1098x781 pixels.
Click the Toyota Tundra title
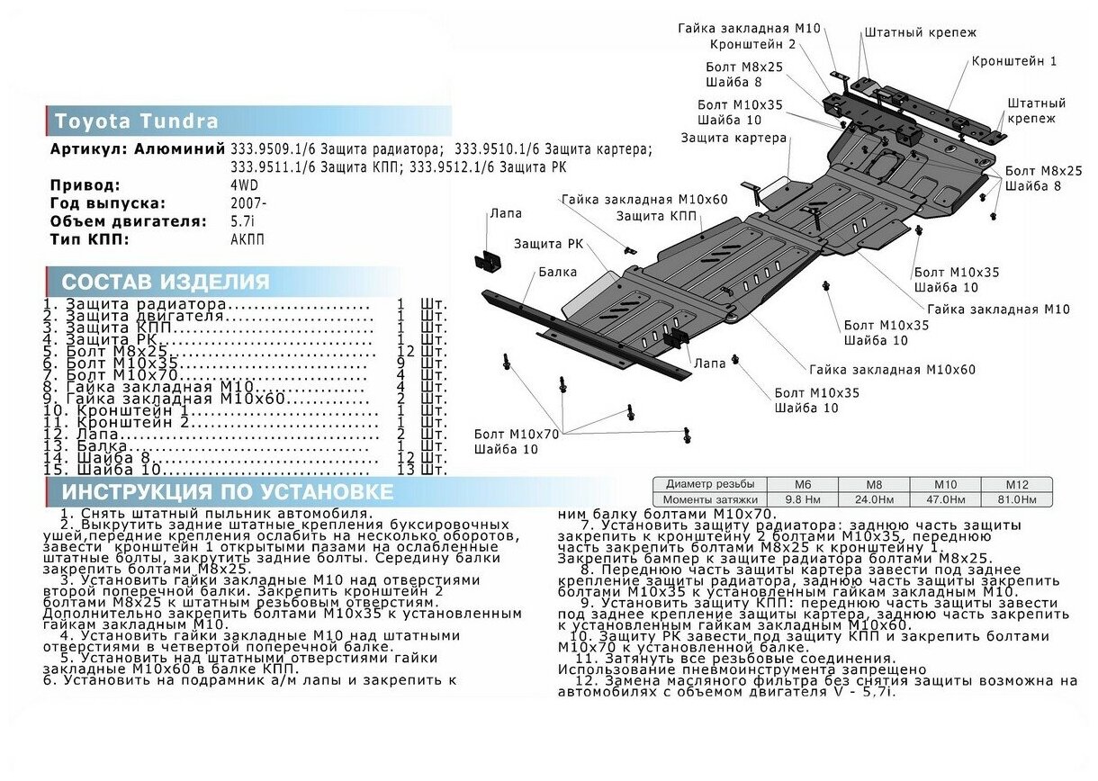(x=136, y=121)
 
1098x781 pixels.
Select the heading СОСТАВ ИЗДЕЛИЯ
(x=166, y=282)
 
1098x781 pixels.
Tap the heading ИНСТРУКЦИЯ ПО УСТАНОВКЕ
(x=227, y=491)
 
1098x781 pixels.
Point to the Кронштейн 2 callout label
(x=752, y=43)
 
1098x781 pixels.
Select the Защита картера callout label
(x=733, y=139)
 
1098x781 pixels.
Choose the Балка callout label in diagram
(x=558, y=271)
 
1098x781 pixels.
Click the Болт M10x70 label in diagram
(x=517, y=435)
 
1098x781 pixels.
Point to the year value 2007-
(x=248, y=203)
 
